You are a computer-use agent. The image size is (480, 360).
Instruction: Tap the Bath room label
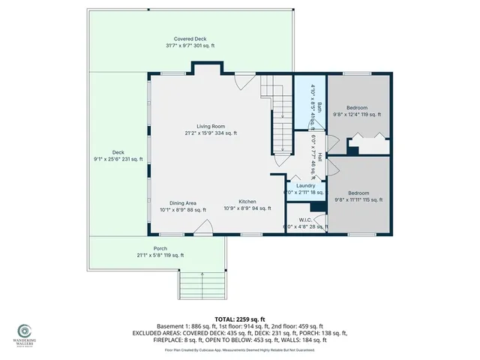coord(318,107)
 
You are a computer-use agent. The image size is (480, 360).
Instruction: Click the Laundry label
coord(305,185)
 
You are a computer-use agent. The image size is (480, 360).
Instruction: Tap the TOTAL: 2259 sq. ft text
coord(239,319)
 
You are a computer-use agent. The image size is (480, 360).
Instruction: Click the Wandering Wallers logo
coord(25,334)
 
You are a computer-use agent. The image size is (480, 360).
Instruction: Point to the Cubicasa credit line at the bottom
coord(239,349)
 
